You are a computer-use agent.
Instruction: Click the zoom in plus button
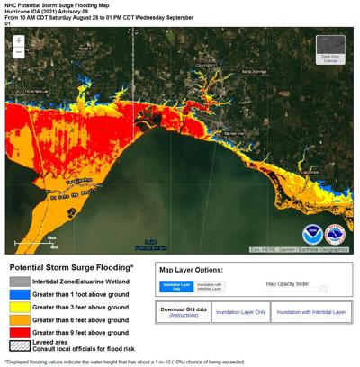tap(18, 41)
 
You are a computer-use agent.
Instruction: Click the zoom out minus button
tap(18, 52)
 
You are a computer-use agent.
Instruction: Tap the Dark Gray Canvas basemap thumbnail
tap(330, 49)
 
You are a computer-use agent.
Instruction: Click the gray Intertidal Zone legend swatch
tap(18, 282)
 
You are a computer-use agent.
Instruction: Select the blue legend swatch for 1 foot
tap(18, 294)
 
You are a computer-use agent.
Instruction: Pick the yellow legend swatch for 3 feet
tap(18, 307)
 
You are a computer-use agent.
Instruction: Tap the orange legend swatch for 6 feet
tap(18, 319)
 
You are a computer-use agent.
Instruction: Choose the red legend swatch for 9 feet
tap(18, 332)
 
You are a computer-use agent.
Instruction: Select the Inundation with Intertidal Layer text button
tap(310, 312)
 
